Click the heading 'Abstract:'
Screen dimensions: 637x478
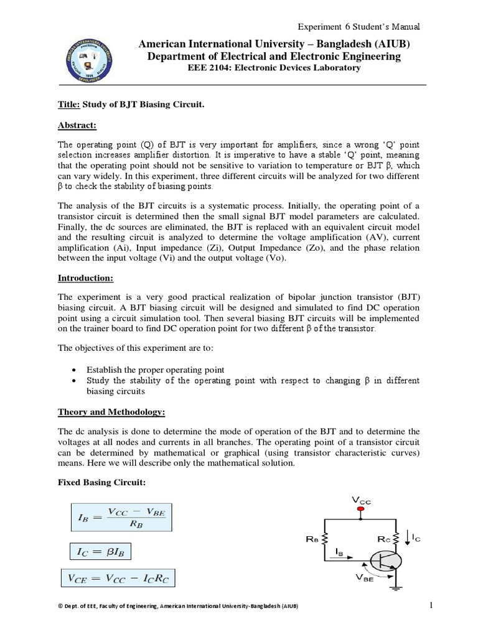tap(77, 126)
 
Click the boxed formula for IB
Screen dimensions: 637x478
tap(118, 516)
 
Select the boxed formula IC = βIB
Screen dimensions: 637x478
tap(100, 551)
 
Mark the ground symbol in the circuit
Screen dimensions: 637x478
tap(399, 584)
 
